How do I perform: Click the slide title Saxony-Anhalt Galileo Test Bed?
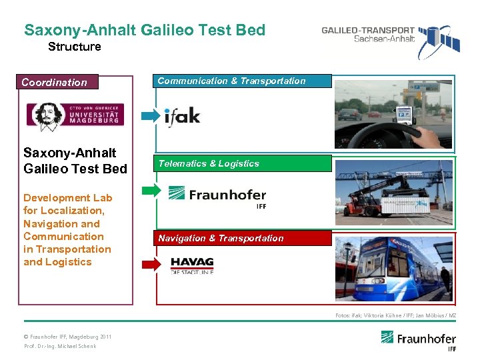pyautogui.click(x=145, y=30)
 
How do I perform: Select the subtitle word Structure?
pyautogui.click(x=75, y=47)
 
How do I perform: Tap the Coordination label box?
pyautogui.click(x=59, y=82)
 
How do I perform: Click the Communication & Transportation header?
pyautogui.click(x=243, y=81)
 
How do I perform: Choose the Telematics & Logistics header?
pyautogui.click(x=243, y=163)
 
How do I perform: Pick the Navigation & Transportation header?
pyautogui.click(x=243, y=238)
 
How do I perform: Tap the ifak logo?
pyautogui.click(x=182, y=116)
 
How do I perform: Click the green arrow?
pyautogui.click(x=152, y=191)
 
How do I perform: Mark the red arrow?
pyautogui.click(x=152, y=264)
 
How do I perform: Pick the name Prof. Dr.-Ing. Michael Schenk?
pyautogui.click(x=60, y=347)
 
